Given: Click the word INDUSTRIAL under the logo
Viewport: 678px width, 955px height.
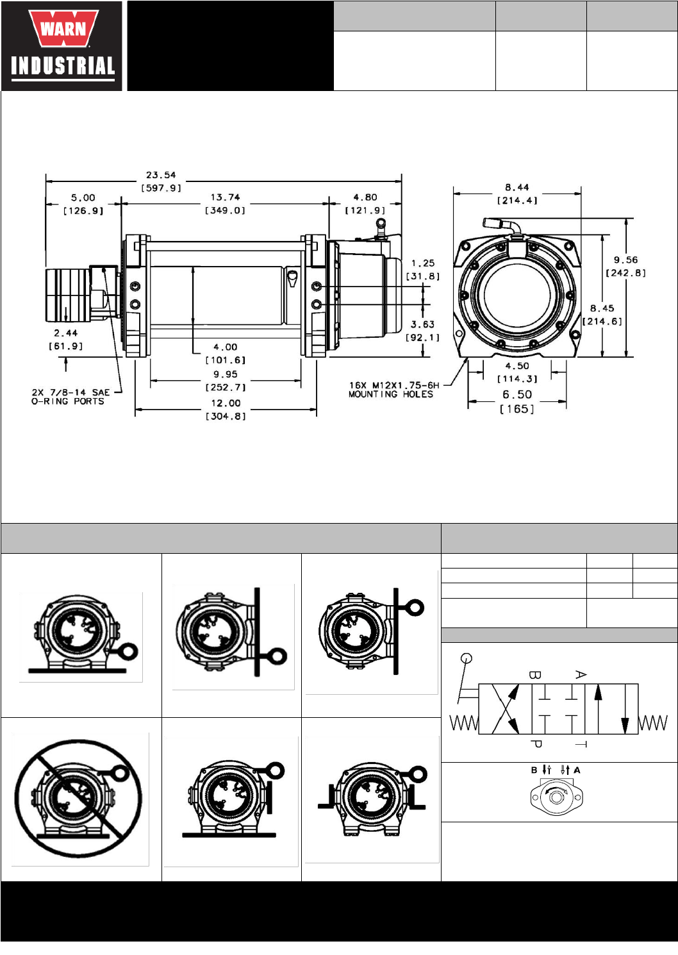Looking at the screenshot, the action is pyautogui.click(x=63, y=66).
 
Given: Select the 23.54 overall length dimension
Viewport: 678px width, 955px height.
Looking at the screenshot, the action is pyautogui.click(x=161, y=181).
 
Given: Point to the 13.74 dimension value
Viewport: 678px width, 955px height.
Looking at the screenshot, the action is pyautogui.click(x=225, y=204).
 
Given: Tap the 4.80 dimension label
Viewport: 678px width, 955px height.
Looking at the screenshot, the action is pyautogui.click(x=365, y=204).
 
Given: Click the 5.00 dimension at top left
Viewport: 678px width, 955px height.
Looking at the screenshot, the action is pyautogui.click(x=83, y=204).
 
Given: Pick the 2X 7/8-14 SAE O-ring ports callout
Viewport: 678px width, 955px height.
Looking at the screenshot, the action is pyautogui.click(x=70, y=397).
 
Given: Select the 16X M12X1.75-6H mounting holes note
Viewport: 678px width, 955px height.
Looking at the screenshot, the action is pyautogui.click(x=393, y=390).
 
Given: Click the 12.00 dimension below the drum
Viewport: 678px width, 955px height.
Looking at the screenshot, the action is pyautogui.click(x=226, y=410).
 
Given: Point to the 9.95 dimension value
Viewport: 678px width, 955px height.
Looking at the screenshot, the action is pyautogui.click(x=226, y=381).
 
